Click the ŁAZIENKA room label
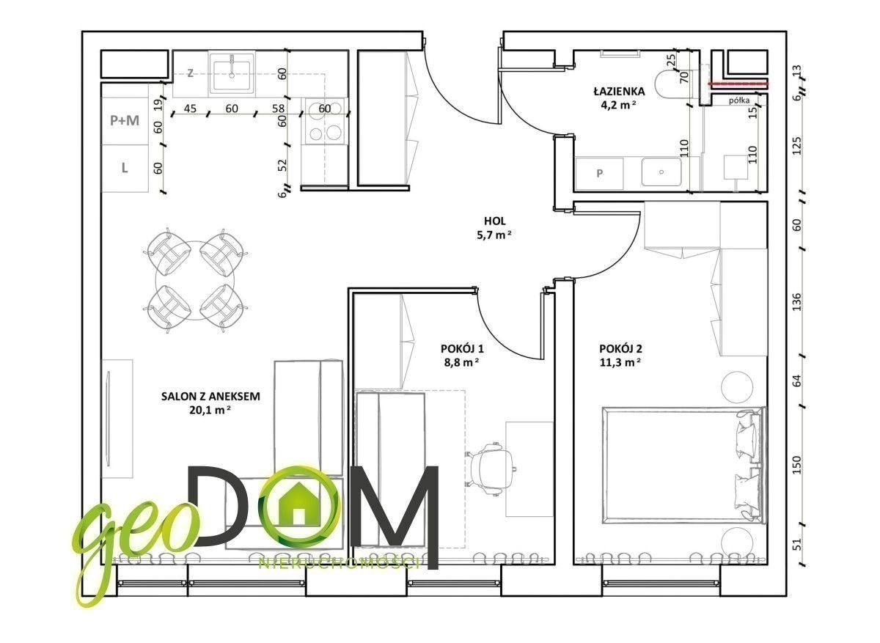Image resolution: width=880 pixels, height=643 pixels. click(619, 92)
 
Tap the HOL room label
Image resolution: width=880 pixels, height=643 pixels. click(494, 221)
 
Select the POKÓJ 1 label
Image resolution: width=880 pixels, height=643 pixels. click(462, 348)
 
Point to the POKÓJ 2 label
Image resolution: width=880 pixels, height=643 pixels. click(620, 348)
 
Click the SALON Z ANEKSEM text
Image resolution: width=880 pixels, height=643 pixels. click(210, 397)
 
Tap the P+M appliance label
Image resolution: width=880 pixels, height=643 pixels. click(125, 120)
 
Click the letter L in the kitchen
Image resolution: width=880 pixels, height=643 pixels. click(125, 168)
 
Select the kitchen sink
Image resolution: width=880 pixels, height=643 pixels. click(232, 74)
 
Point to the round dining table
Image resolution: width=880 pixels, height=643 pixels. click(195, 282)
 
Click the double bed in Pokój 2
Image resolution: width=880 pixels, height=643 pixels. click(684, 465)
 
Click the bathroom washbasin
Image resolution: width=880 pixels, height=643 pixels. click(661, 172)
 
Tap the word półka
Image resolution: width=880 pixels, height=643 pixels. click(739, 100)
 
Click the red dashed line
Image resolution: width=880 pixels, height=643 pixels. click(738, 84)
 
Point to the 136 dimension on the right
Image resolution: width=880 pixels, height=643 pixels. click(796, 301)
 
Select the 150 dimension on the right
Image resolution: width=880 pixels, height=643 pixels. click(796, 465)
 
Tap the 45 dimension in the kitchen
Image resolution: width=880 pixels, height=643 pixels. click(190, 109)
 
